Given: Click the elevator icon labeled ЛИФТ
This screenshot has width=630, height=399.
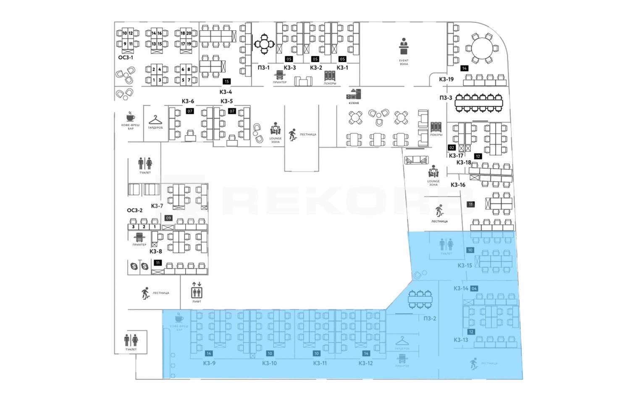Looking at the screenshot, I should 197,290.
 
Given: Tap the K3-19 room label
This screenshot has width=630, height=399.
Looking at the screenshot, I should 446,79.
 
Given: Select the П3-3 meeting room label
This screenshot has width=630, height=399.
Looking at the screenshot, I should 446,98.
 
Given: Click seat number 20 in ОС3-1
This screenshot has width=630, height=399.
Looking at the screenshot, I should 189,33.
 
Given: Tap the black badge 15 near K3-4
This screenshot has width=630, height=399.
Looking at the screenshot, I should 227,81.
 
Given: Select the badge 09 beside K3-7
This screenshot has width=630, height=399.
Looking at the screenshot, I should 168,218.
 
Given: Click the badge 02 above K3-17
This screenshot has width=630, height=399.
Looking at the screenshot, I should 452,147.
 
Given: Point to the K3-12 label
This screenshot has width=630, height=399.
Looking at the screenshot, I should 365,363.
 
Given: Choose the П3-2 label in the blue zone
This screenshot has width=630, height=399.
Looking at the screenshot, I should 430,318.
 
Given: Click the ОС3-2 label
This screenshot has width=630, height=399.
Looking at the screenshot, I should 135,210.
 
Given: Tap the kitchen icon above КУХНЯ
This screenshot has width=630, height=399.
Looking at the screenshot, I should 354,94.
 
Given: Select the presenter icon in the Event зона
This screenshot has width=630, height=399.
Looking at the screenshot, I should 404,46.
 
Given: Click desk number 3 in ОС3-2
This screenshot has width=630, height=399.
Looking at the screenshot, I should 134,227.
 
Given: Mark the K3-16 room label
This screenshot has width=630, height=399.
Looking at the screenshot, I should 458,185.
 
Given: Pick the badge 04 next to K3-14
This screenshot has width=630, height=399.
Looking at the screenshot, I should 474,289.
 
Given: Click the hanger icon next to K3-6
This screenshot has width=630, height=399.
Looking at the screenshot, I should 155,120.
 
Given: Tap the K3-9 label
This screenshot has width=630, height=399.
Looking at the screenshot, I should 209,363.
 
